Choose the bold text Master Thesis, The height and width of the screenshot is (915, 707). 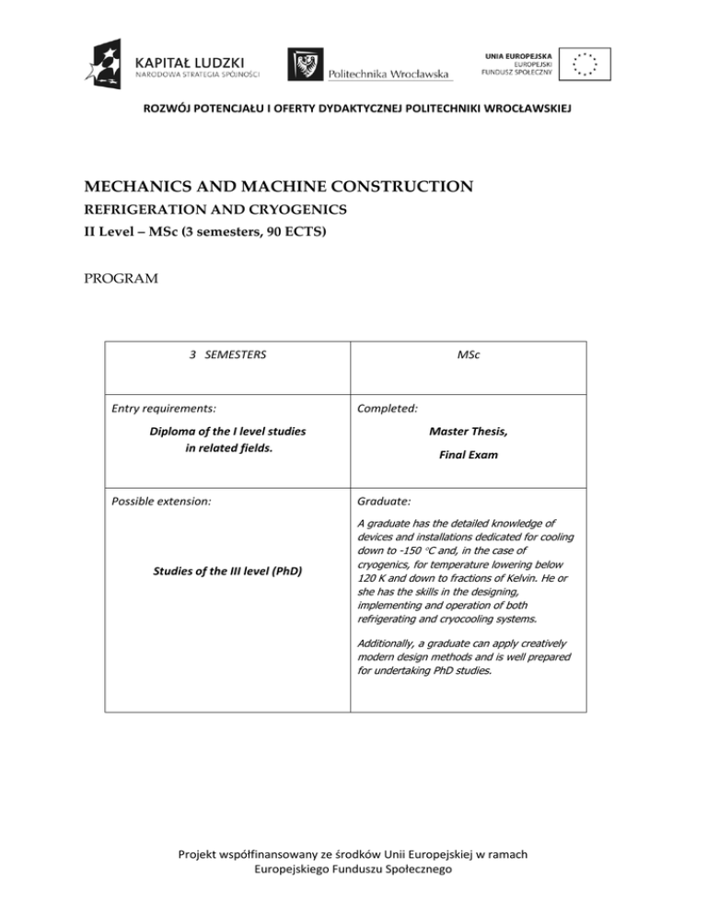coord(468,430)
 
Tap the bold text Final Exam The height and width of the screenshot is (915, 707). coord(468,455)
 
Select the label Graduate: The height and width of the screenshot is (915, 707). coord(382,504)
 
